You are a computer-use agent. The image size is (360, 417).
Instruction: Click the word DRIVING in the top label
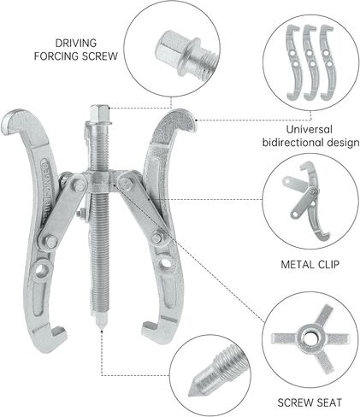(x=76, y=44)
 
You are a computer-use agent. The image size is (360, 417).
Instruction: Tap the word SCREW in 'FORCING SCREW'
(x=100, y=56)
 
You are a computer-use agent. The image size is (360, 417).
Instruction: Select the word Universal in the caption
(x=310, y=130)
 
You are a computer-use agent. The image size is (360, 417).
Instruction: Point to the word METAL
(x=298, y=265)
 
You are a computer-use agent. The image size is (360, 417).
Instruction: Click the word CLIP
(x=328, y=265)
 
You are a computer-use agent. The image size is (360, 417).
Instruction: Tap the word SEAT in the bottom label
(x=329, y=402)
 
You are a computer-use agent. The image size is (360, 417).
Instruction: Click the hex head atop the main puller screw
(x=99, y=113)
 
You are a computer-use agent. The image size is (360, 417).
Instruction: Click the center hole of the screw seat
(x=310, y=338)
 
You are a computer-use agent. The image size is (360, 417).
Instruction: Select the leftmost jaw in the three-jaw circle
(x=293, y=62)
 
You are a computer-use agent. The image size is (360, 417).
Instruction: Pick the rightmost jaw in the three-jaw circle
(x=328, y=62)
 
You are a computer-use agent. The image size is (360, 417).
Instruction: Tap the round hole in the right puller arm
(x=164, y=262)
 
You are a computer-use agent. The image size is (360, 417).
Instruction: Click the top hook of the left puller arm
(x=18, y=120)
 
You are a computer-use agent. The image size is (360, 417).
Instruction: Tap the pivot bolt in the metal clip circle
(x=313, y=191)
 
